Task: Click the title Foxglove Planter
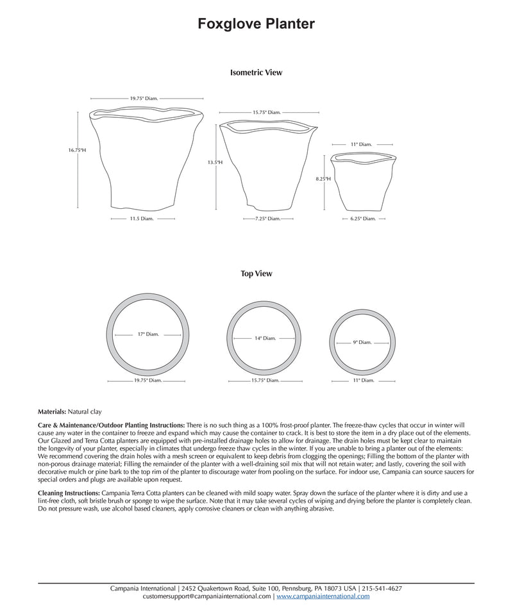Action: pos(256,24)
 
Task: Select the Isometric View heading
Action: pos(256,73)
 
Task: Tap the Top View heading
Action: pos(256,274)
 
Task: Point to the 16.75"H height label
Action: pos(77,150)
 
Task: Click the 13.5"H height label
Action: pos(215,163)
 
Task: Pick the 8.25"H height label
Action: pos(323,179)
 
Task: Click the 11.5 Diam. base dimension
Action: pos(142,218)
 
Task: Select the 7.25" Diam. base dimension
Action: pos(267,218)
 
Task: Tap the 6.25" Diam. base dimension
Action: pos(363,218)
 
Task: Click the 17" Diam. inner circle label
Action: pos(148,334)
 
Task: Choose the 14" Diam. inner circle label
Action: pos(265,338)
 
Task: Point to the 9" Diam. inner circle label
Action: pos(362,342)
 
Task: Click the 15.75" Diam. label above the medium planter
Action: pos(267,113)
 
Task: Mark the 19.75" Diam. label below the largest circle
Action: pos(147,380)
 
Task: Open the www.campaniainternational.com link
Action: pos(323,596)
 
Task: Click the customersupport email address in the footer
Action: pos(207,596)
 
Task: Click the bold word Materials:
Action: pos(52,411)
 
